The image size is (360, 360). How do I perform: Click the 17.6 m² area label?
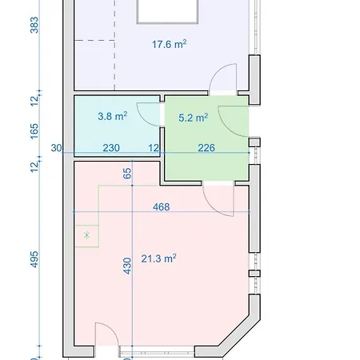point(169,45)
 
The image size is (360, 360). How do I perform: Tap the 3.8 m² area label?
point(112,116)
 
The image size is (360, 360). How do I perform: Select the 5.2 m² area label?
point(194,117)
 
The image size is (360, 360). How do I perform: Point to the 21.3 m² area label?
point(158,258)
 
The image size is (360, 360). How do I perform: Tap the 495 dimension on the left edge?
point(34,262)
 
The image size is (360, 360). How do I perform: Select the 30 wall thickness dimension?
point(56,147)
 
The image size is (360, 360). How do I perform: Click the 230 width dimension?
point(111,147)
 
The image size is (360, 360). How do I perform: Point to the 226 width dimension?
point(206,147)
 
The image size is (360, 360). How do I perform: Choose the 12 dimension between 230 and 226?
point(154,147)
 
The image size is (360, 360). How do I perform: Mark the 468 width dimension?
point(161,206)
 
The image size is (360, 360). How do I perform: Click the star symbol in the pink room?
point(86,235)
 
